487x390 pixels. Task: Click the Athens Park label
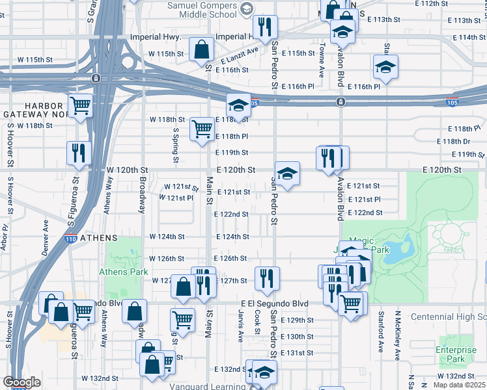(x=119, y=272)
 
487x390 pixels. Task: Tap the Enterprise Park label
(x=455, y=354)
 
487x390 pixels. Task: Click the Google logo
(x=21, y=382)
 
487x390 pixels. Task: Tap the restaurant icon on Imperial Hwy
(x=264, y=27)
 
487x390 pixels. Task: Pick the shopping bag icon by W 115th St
(x=202, y=48)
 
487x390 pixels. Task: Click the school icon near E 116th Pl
(x=385, y=67)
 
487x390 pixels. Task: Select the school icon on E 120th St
(x=286, y=174)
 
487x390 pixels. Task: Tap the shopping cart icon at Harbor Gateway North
(x=80, y=105)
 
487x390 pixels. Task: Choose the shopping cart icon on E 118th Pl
(x=202, y=129)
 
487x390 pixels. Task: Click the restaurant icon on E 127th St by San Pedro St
(x=266, y=278)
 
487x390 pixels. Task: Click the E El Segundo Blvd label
(x=273, y=303)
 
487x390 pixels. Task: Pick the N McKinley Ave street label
(x=396, y=334)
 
